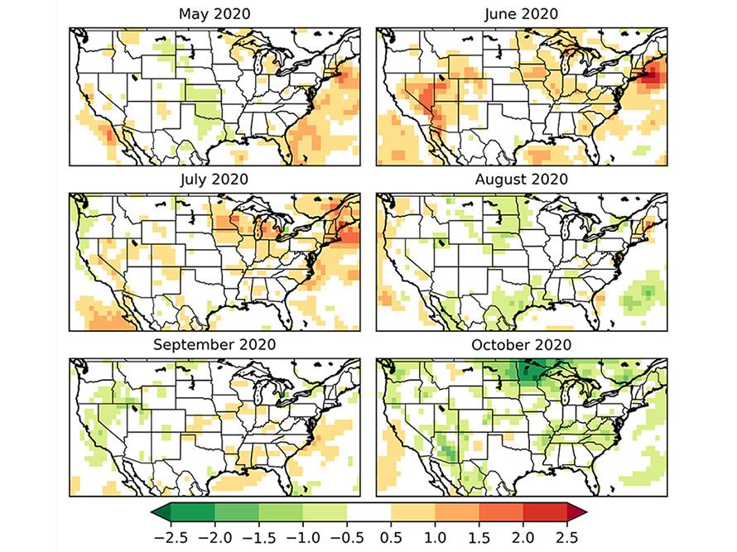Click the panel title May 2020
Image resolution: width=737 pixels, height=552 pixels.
point(214,14)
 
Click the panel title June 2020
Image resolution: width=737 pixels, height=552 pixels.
point(521,14)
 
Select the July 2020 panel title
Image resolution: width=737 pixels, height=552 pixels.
point(214,179)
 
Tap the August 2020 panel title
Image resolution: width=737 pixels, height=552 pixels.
point(521,179)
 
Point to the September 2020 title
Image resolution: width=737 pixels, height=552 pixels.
point(214,344)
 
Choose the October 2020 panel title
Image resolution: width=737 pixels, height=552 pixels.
point(521,344)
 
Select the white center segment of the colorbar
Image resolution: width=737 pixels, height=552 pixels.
point(368,513)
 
